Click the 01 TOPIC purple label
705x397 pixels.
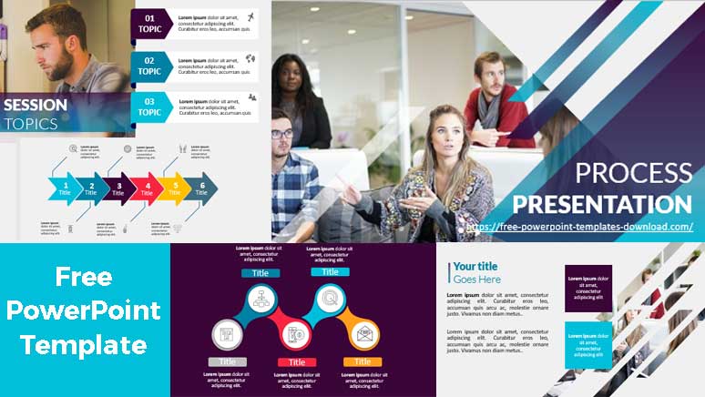click(150, 23)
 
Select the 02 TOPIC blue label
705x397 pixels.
click(150, 65)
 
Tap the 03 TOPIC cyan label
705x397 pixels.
click(150, 107)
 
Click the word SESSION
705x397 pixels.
click(36, 105)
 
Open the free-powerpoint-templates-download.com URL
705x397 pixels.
click(580, 227)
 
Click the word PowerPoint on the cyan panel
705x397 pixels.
click(84, 310)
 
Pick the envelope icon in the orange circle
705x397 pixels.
click(363, 334)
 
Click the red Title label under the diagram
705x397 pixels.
click(297, 362)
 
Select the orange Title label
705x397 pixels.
click(363, 362)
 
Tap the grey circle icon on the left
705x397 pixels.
click(228, 334)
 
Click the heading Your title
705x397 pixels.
click(475, 267)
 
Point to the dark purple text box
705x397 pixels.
click(587, 288)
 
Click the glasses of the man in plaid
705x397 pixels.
click(281, 134)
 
